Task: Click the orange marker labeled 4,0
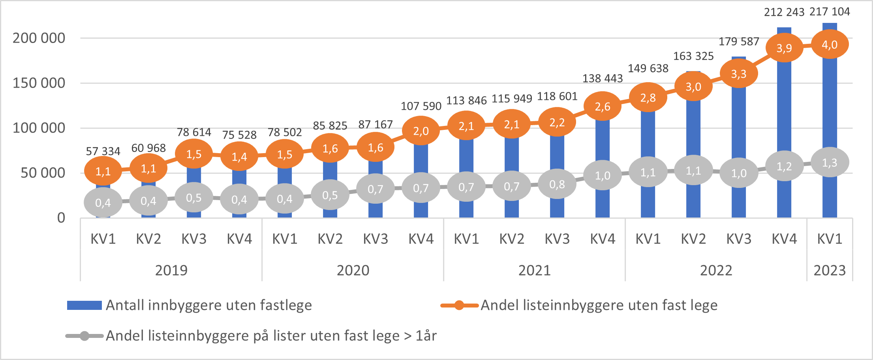[830, 45]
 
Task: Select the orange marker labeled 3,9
[784, 48]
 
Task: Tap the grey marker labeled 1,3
[830, 162]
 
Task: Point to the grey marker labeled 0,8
[557, 184]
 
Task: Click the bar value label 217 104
[830, 12]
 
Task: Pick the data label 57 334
[103, 151]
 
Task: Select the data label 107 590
[421, 106]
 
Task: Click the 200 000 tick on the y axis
[39, 38]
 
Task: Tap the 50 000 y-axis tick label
[43, 173]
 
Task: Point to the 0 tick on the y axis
[61, 217]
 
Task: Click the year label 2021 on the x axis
[534, 270]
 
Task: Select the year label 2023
[830, 270]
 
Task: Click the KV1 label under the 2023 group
[830, 239]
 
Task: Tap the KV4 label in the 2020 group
[421, 239]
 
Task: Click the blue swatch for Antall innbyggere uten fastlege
[84, 305]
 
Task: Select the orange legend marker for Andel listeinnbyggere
[459, 305]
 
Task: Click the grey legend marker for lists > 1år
[84, 336]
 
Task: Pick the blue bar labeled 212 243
[784, 118]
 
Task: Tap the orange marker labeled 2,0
[421, 131]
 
